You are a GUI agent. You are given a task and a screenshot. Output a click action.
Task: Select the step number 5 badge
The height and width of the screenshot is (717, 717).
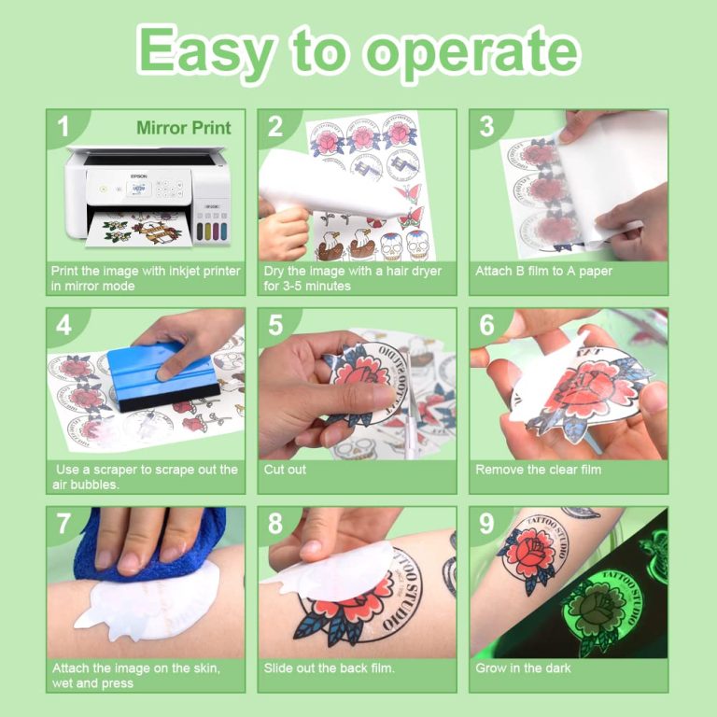click(274, 325)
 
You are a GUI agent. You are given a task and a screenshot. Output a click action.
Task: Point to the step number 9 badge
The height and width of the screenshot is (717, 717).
click(486, 524)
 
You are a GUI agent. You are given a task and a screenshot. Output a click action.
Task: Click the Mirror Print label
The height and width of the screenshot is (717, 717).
click(183, 127)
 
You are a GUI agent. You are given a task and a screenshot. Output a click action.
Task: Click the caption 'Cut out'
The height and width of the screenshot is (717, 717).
click(285, 470)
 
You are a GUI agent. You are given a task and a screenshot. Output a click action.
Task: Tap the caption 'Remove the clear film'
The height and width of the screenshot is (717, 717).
click(539, 470)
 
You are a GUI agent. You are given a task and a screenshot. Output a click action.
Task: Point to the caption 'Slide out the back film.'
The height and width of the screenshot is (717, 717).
click(330, 668)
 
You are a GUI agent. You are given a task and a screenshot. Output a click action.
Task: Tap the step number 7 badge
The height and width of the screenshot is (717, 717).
click(63, 524)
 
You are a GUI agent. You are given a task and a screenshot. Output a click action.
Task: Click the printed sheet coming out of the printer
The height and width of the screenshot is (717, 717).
click(140, 229)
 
